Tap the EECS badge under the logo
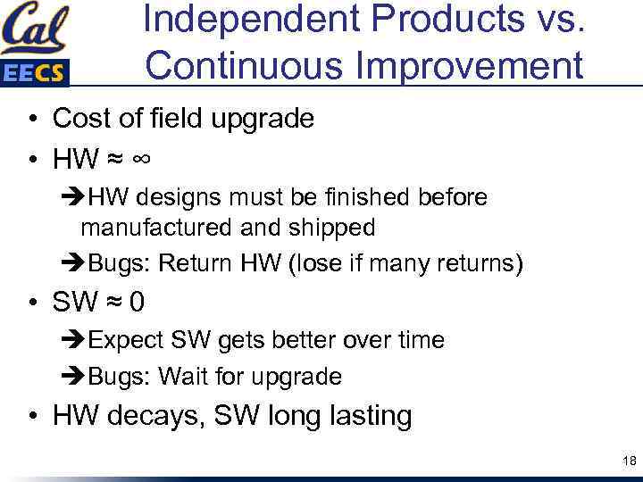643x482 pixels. [34, 73]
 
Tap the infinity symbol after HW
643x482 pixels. [140, 159]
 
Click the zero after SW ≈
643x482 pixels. [137, 303]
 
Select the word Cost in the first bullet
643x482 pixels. [79, 118]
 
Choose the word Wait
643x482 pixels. [182, 376]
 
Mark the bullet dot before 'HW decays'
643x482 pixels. [31, 416]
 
